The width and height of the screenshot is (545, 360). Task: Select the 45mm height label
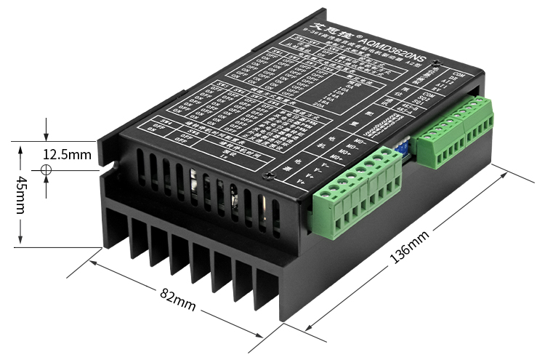[x=22, y=193]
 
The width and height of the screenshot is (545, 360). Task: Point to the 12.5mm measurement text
[x=67, y=154]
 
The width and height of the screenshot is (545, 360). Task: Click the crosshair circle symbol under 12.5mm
[x=47, y=169]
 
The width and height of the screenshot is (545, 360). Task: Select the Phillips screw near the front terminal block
[x=270, y=174]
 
